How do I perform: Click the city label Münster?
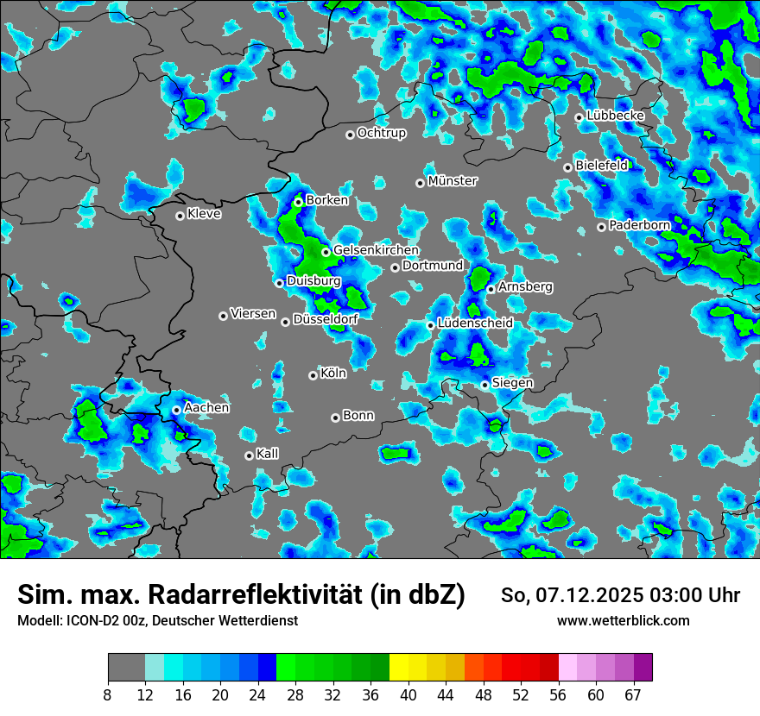(453, 181)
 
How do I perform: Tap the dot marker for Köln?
(313, 375)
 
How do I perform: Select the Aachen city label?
(206, 408)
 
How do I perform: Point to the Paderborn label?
(640, 225)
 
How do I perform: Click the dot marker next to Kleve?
(180, 216)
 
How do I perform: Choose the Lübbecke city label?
(615, 116)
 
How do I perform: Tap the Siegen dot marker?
(485, 385)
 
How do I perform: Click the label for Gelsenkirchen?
(376, 250)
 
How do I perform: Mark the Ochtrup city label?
(382, 133)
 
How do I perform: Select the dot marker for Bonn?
(335, 418)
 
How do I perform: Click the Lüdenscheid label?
(475, 323)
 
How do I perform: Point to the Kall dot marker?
(249, 455)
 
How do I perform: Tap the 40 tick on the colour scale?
(408, 694)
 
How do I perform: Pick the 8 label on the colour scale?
(107, 694)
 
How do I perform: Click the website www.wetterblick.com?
(623, 620)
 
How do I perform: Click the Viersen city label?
(253, 314)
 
